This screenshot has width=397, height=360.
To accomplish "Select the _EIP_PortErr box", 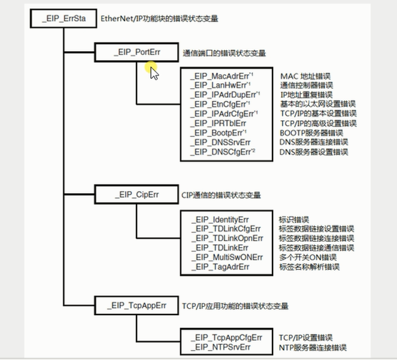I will [x=136, y=52].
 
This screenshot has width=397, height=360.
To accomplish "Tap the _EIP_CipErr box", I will [x=136, y=195].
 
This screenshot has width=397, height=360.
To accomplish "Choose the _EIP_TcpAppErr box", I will [x=136, y=305].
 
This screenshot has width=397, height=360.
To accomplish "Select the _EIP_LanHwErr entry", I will [x=217, y=85].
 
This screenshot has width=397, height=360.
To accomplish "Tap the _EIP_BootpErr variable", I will [x=217, y=133].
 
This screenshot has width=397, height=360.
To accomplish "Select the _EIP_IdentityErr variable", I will [x=221, y=219].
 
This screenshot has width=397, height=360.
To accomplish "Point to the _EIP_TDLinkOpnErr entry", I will [x=226, y=238].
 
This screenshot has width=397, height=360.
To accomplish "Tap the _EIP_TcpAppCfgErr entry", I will [x=225, y=338].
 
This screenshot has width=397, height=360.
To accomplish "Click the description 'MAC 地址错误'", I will [x=305, y=76].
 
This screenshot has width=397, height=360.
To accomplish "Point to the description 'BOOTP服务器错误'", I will [x=311, y=133].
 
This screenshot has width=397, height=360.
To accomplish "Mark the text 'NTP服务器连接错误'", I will [x=313, y=347].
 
